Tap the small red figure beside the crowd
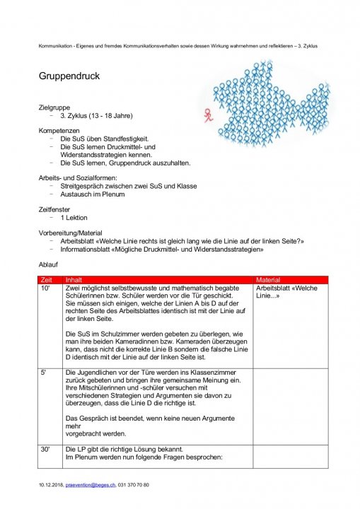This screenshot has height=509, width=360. point(207,112)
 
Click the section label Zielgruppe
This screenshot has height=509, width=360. point(54,107)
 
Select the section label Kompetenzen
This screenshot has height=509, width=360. point(59,131)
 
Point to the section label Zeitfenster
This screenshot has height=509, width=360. point(56,209)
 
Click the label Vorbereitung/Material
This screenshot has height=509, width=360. point(71,233)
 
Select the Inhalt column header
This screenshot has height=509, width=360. point(74,281)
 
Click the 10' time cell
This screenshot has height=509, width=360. point(45,288)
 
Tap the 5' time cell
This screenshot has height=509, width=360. point(45,371)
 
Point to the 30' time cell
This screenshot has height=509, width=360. point(46,450)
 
